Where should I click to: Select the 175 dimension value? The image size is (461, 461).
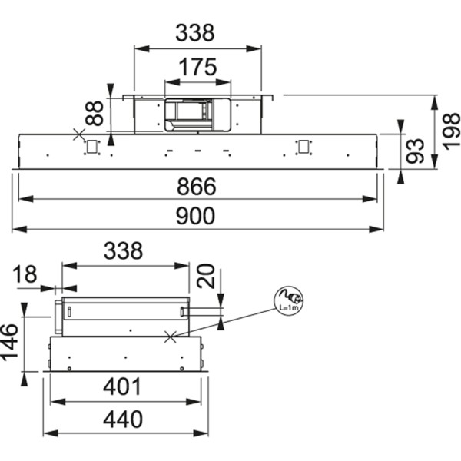click(x=197, y=67)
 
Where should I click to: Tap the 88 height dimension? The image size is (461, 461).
click(x=94, y=114)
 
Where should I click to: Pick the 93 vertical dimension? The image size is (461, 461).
click(x=415, y=151)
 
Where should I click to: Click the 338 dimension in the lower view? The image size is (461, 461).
click(x=123, y=251)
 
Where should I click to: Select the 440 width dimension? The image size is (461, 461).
click(x=123, y=420)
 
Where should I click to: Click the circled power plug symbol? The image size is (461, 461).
click(x=290, y=300)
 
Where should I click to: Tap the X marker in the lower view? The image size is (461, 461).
click(x=171, y=335)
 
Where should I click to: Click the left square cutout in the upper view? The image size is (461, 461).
click(x=92, y=146)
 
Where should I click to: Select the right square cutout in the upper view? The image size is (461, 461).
click(x=304, y=146)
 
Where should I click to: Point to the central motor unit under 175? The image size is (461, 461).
click(x=197, y=113)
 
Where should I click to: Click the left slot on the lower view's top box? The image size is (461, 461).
click(x=69, y=311)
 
